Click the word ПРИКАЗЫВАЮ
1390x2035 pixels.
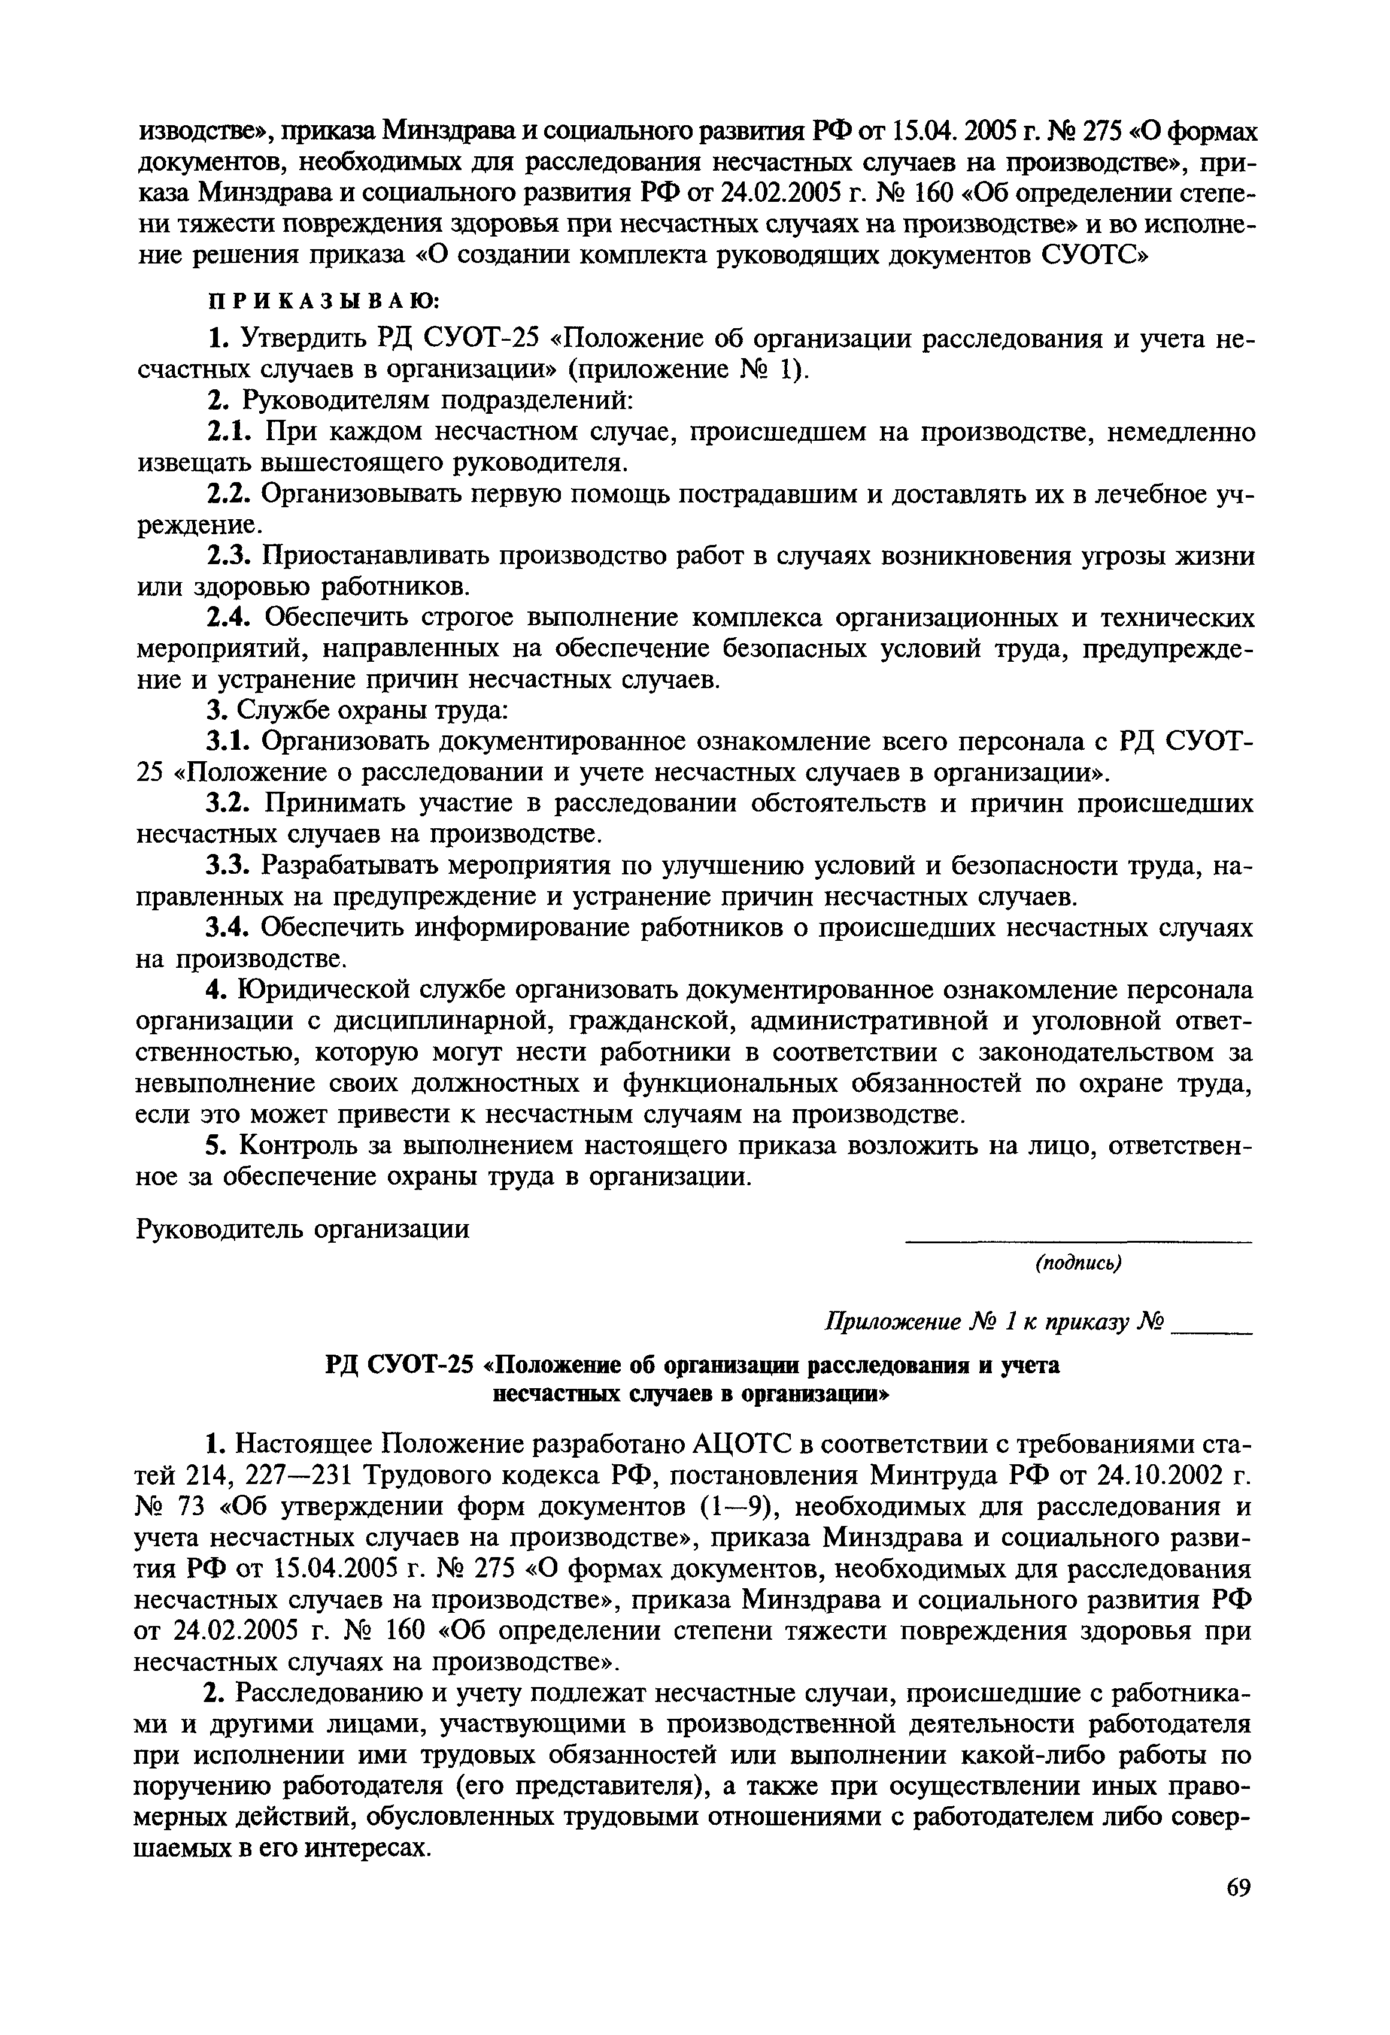323,301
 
